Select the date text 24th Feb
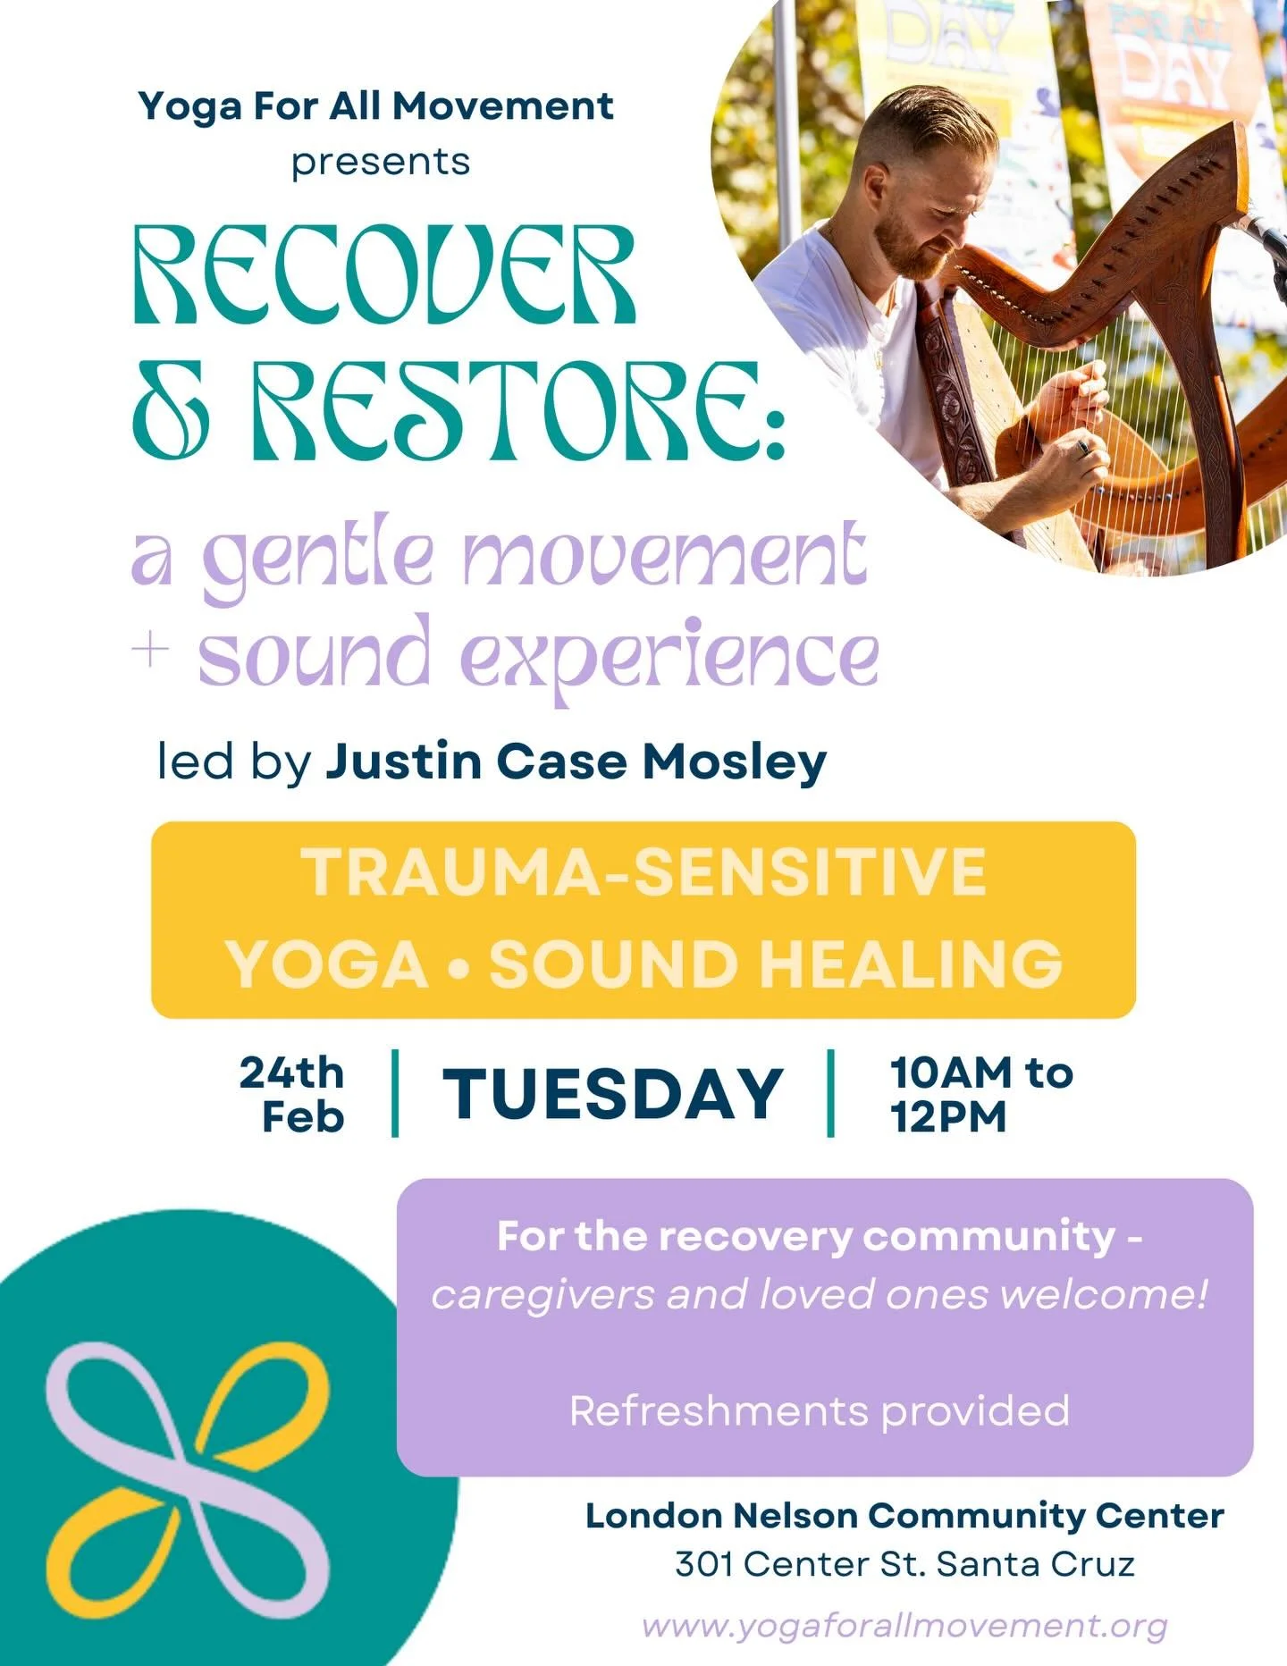point(292,1094)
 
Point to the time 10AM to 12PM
point(980,1094)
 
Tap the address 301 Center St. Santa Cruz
point(904,1564)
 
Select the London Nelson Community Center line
point(904,1515)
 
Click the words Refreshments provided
point(820,1411)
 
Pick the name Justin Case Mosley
point(575,761)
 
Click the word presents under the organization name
point(380,162)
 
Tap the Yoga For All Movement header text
point(375,106)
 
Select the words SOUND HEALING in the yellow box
point(776,963)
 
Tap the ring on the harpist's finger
point(1083,446)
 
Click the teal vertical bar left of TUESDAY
point(395,1093)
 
